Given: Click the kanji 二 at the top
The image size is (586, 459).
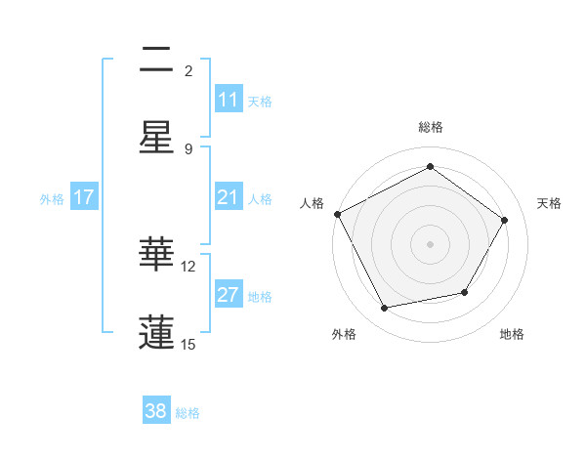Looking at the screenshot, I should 156,62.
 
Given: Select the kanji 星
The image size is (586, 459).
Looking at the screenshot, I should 156,138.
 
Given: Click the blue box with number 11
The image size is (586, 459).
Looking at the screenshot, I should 229,100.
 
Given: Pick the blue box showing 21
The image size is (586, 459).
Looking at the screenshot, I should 229,197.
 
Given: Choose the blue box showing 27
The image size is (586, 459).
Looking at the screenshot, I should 229,295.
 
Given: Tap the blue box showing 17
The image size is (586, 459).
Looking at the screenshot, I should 84,197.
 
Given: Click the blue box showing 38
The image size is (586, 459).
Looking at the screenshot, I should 156,411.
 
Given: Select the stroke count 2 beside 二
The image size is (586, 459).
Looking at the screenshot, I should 188,70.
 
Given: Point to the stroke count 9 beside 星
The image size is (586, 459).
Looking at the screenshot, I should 188,148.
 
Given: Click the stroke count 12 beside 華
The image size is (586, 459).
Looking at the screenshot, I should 188,266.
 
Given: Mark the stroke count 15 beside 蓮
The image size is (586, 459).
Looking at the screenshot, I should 188,344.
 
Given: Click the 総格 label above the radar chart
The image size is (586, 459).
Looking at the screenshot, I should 431,127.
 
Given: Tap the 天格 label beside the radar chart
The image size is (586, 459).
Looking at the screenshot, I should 550,203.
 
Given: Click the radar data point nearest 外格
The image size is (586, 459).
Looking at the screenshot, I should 385,309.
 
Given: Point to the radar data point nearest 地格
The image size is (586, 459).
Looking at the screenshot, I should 465,292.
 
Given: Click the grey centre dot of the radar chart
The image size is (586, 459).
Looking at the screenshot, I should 431,244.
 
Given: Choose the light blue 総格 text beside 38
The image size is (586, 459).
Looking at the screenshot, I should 188,413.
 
